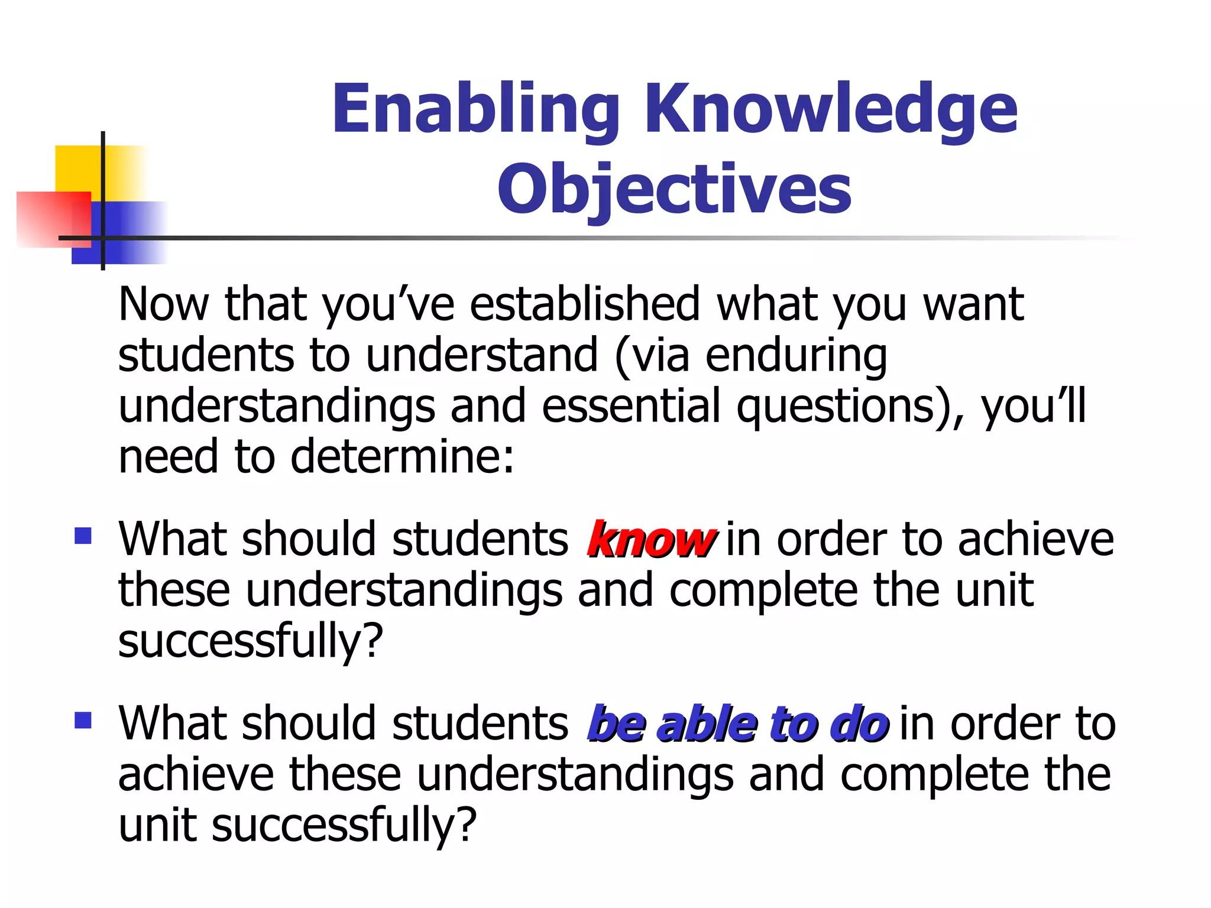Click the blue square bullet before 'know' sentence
point(83,536)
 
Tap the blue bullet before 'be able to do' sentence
point(83,720)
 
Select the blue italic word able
point(707,725)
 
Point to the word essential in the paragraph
point(631,407)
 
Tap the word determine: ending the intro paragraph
point(402,458)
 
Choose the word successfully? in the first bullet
point(251,642)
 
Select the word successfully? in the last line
point(344,826)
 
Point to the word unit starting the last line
point(157,826)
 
